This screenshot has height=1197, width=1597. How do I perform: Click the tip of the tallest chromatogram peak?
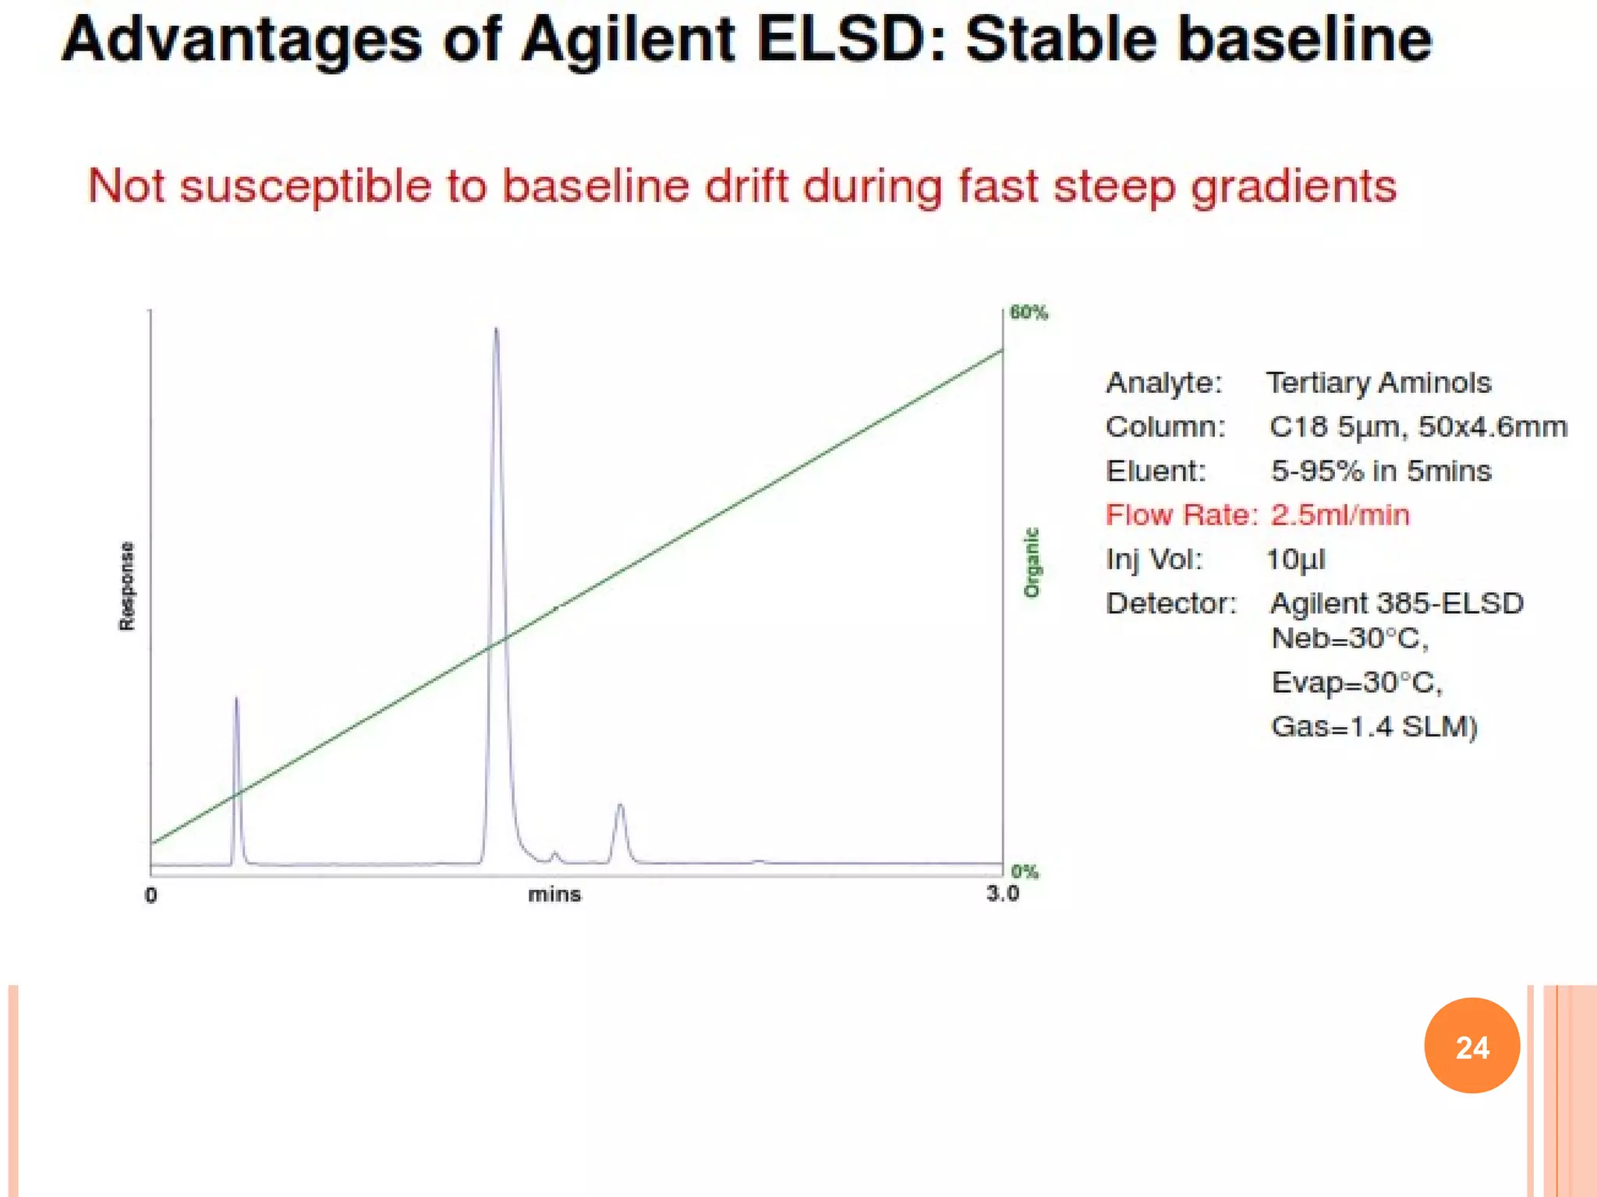[496, 330]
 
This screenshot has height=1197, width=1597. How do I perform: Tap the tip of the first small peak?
[236, 699]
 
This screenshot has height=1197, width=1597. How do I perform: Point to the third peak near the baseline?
[620, 807]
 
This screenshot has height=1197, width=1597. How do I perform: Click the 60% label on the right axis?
[1029, 312]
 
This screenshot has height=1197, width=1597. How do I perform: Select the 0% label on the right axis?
[1024, 871]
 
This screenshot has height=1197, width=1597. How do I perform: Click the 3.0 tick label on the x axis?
[1002, 894]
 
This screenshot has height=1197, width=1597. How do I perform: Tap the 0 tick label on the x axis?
[151, 895]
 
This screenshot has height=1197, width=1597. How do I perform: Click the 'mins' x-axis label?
[554, 895]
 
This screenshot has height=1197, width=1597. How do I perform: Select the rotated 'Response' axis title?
[126, 586]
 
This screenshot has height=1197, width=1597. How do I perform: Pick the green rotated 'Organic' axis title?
[1032, 563]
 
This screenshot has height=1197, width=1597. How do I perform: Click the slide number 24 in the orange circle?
[1471, 1047]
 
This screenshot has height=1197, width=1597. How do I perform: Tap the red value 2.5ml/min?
[1340, 515]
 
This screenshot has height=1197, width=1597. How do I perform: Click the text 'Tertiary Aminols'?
[1378, 383]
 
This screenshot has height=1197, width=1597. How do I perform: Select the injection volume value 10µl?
[1295, 560]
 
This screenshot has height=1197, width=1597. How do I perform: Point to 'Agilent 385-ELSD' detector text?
[1397, 603]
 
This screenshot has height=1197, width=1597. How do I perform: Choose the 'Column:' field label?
[1165, 427]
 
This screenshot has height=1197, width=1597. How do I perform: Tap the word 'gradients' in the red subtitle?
[1294, 187]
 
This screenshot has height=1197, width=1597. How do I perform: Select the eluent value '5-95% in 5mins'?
[1380, 471]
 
